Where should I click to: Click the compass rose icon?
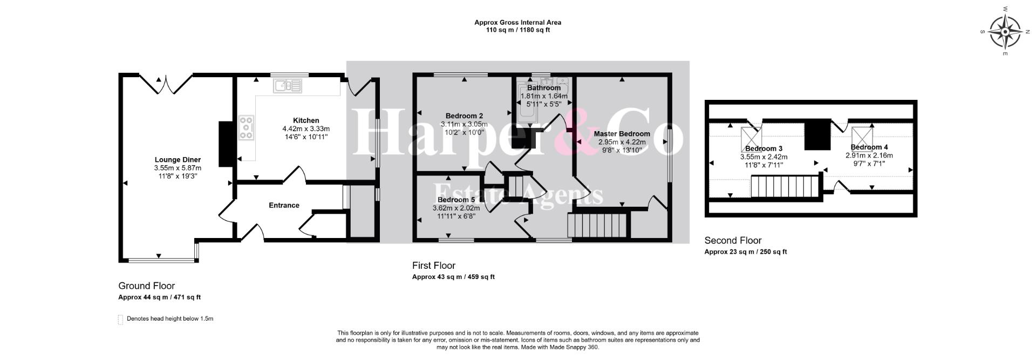pyautogui.click(x=1005, y=32)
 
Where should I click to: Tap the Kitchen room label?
pyautogui.click(x=306, y=120)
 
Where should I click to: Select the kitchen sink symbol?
pyautogui.click(x=289, y=85)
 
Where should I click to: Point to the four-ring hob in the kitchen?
pyautogui.click(x=247, y=128)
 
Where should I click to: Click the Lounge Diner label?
pyautogui.click(x=178, y=160)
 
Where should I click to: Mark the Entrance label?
pyautogui.click(x=284, y=205)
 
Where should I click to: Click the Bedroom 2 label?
pyautogui.click(x=464, y=116)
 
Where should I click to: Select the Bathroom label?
pyautogui.click(x=544, y=87)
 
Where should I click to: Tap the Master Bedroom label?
pyautogui.click(x=622, y=133)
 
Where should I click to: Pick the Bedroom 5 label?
pyautogui.click(x=456, y=200)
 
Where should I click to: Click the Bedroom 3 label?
pyautogui.click(x=764, y=148)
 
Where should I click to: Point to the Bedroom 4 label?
pyautogui.click(x=869, y=147)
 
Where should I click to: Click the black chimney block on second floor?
pyautogui.click(x=817, y=134)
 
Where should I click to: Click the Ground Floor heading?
pyautogui.click(x=147, y=286)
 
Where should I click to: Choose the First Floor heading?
pyautogui.click(x=434, y=266)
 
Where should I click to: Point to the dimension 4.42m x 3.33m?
pyautogui.click(x=306, y=129)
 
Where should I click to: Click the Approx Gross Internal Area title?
pyautogui.click(x=518, y=23)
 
